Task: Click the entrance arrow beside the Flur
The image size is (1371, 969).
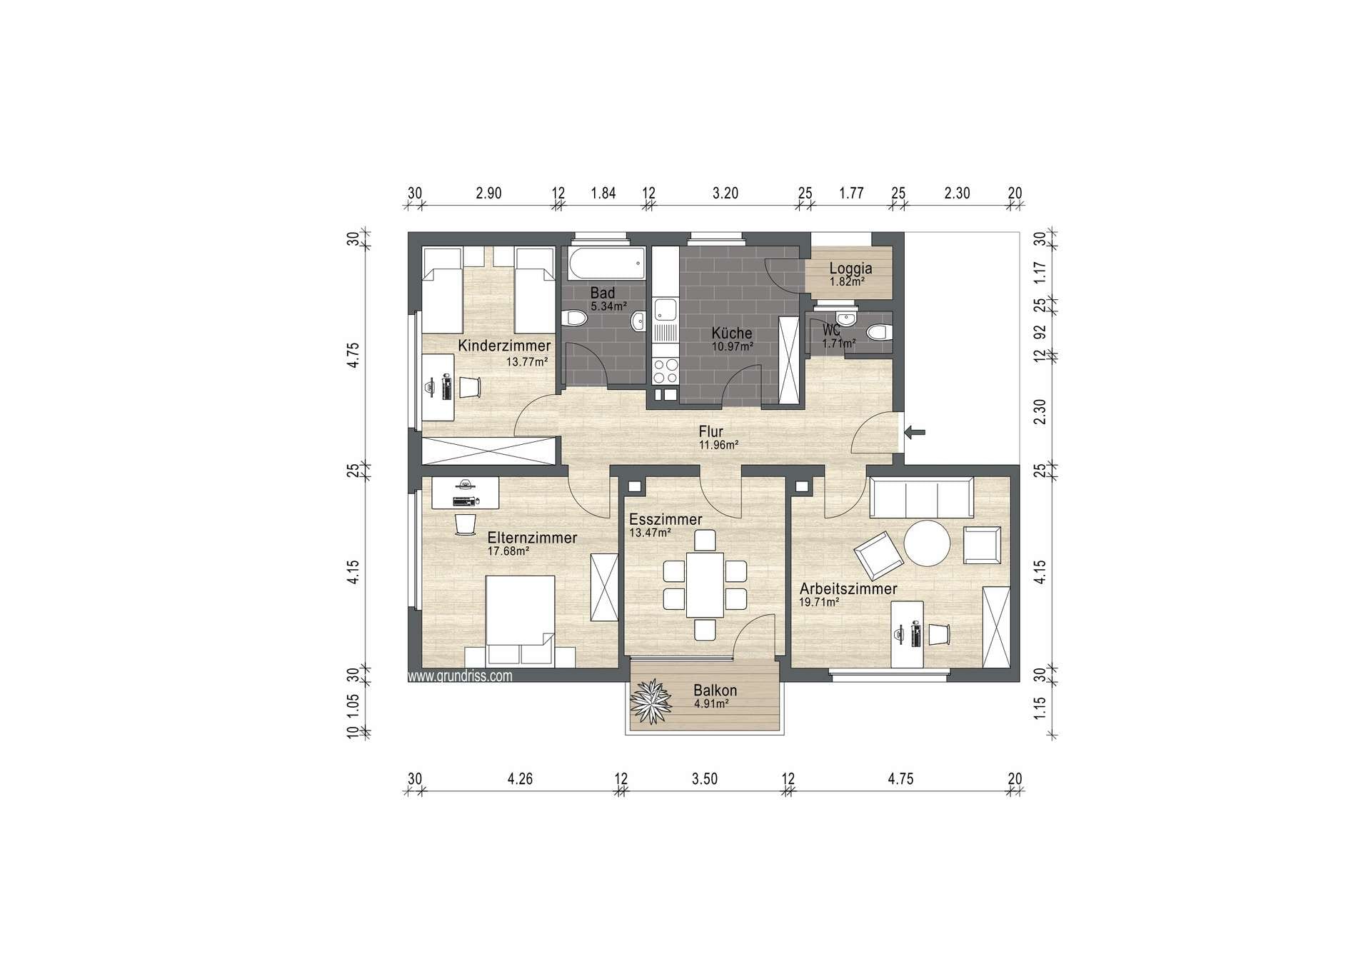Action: click(x=915, y=432)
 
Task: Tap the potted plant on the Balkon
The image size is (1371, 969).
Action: click(x=651, y=702)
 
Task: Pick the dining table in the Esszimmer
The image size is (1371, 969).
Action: click(x=705, y=584)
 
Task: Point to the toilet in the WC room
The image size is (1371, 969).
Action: click(x=876, y=332)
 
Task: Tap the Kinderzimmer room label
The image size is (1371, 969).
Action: click(x=504, y=346)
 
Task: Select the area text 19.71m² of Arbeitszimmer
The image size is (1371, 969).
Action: click(x=819, y=602)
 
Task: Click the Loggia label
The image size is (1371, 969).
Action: click(x=850, y=268)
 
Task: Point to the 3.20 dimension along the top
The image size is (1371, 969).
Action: click(x=725, y=193)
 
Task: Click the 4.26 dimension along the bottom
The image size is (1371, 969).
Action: click(x=520, y=779)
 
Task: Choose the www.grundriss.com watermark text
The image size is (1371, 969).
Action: click(x=460, y=676)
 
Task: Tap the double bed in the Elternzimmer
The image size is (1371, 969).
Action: click(x=520, y=619)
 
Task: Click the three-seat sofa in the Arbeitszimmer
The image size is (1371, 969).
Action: click(x=921, y=498)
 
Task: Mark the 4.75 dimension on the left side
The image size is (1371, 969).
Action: click(x=354, y=355)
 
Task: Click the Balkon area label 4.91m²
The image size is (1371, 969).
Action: click(x=711, y=703)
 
